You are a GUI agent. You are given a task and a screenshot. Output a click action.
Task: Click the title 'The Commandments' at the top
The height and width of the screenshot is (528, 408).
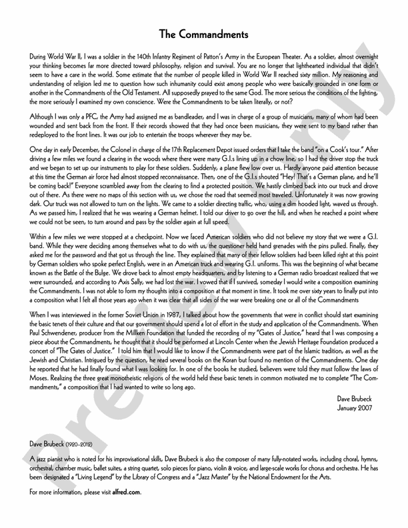[x=204, y=33]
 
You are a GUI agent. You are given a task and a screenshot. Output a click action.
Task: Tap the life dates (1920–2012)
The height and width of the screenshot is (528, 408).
[x=80, y=443]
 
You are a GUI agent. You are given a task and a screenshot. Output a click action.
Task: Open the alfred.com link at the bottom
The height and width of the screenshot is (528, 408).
[x=129, y=492]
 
